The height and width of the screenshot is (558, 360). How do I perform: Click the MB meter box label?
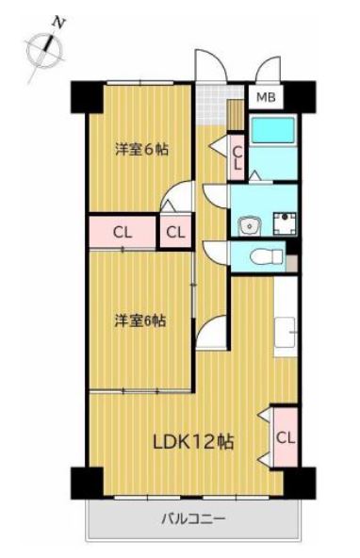pos(266,97)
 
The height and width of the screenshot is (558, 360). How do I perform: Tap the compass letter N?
pos(58,23)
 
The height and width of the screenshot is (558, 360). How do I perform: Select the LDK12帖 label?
pos(193,442)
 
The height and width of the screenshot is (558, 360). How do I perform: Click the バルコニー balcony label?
pos(193,518)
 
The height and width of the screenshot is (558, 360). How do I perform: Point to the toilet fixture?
pos(266,256)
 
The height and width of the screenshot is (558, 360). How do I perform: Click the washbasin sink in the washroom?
pos(251,226)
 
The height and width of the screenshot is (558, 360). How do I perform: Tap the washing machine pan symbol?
pos(285,223)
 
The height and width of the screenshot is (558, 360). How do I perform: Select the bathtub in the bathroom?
pos(273,130)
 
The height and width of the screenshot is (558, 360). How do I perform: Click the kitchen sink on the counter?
pos(286,333)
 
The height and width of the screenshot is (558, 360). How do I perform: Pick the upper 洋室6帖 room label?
pos(141,149)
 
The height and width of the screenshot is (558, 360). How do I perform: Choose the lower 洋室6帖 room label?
pos(139,321)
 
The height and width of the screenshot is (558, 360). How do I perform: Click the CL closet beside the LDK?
pos(286,437)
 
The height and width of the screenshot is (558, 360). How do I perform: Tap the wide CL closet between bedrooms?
pos(123,233)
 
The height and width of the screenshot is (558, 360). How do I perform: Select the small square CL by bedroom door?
pos(176,233)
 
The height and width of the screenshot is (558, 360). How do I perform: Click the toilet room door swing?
pos(216,253)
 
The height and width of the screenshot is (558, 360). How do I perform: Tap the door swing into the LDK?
pos(211,333)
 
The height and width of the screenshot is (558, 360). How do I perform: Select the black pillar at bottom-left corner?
pos(87,483)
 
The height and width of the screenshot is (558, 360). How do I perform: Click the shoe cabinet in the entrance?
pos(236,114)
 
